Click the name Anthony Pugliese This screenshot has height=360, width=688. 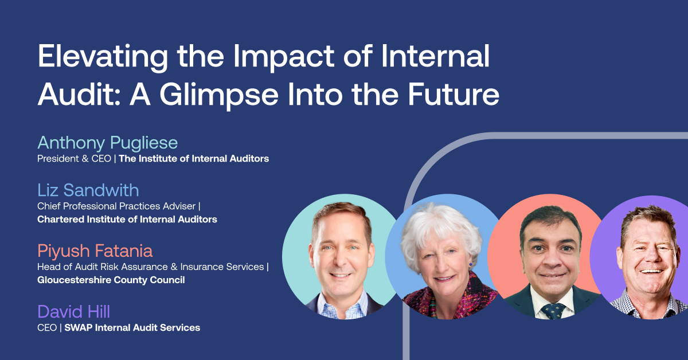coord(108,142)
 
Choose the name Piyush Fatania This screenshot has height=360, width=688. coord(95,251)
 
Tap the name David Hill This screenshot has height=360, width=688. coord(73,312)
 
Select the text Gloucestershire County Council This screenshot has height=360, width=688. coord(111,280)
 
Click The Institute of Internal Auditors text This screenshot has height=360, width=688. coord(194,159)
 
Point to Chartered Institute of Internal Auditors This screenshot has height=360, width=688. coord(127,219)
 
